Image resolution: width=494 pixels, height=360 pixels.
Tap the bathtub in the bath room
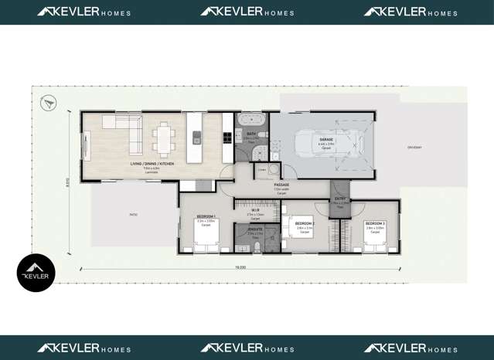(x=251, y=121)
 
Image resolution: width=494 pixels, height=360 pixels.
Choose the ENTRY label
(x=339, y=199)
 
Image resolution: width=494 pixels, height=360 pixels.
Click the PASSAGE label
(x=281, y=185)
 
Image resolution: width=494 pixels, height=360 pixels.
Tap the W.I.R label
(x=255, y=209)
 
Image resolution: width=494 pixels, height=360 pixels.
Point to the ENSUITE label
(x=254, y=229)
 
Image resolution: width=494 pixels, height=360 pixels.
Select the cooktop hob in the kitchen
(x=227, y=138)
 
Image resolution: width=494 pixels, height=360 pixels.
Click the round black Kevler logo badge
(x=36, y=273)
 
